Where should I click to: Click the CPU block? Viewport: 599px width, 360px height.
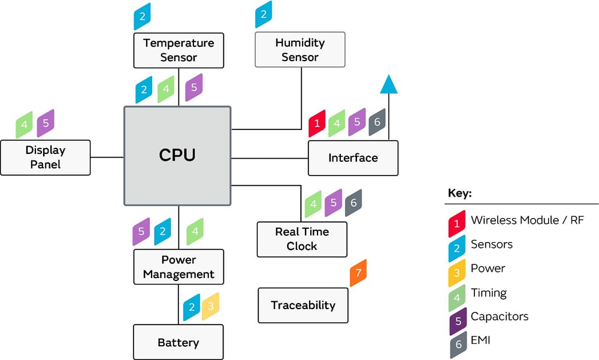coord(177,156)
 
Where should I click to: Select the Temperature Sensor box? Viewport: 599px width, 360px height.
coord(179,50)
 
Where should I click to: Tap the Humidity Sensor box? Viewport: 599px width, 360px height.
coord(299,50)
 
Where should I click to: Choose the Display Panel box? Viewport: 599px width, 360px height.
coord(46,158)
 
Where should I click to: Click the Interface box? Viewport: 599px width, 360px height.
coord(353,158)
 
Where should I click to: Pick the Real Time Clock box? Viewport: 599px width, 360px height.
coord(302,239)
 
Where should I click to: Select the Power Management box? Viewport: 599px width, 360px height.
coord(179,267)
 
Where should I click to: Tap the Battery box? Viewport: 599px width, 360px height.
coord(178,343)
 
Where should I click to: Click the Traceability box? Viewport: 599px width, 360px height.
coord(302,305)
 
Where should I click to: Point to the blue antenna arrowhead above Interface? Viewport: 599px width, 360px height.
coord(389,84)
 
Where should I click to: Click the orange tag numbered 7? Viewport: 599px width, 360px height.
coord(358,273)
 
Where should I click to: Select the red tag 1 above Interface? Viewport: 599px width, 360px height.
coord(317,123)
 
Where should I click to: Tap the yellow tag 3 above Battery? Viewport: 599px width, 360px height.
coord(210,307)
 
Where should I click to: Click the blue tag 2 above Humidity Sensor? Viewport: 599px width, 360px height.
coord(263,15)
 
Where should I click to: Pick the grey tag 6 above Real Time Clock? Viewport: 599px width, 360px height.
coord(353,203)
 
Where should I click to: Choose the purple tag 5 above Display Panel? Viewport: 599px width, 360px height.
coord(46,123)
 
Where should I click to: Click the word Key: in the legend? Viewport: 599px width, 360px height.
coord(460,194)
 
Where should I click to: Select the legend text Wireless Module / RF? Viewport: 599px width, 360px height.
coord(527,220)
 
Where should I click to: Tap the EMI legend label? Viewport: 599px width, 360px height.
coord(482,341)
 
